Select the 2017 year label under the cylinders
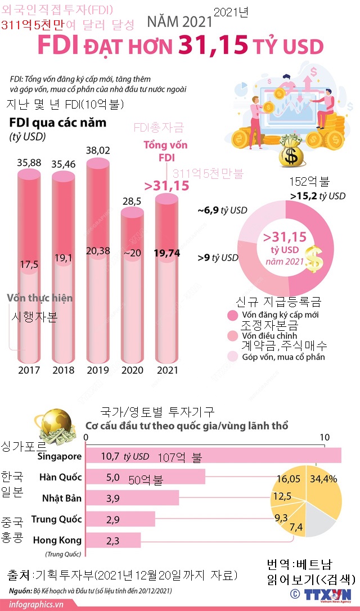[29, 370]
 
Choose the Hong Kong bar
[112, 540]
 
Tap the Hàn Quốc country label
[61, 477]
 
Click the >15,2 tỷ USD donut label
[318, 196]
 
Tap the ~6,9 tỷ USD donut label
[222, 210]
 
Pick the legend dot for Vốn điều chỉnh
[232, 336]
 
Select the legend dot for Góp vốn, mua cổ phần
[232, 356]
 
